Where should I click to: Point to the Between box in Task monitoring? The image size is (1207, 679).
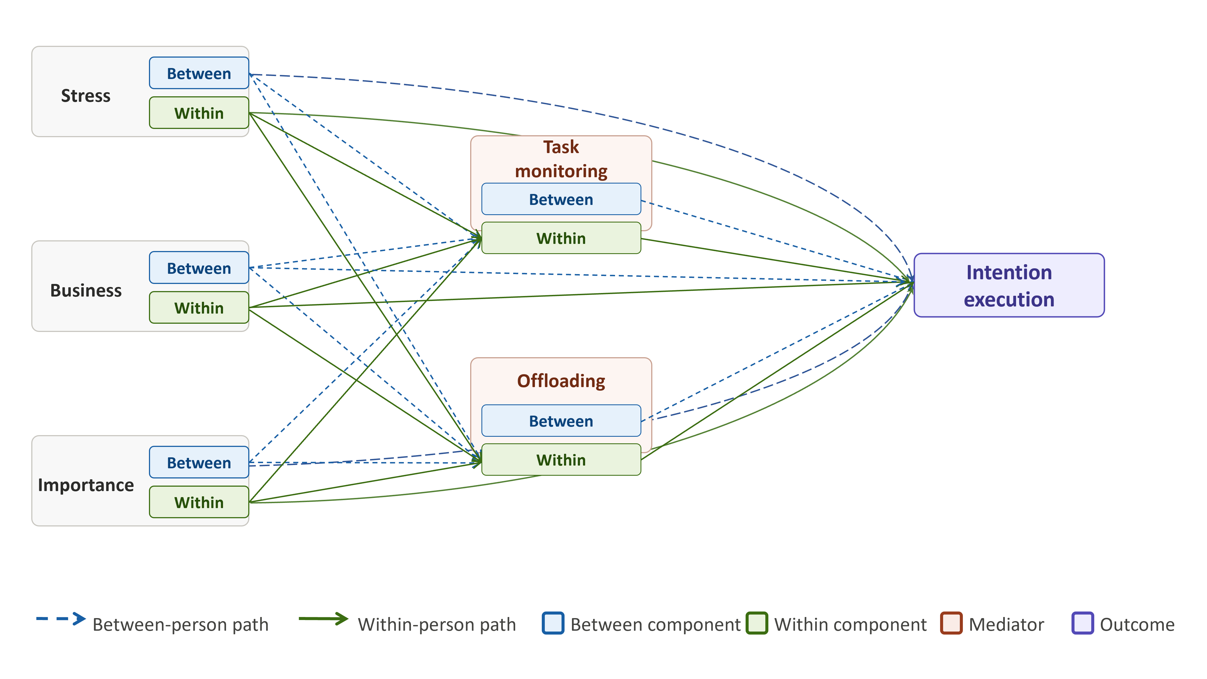click(561, 199)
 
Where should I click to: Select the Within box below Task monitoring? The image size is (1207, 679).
click(561, 238)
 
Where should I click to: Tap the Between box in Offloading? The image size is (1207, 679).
click(561, 421)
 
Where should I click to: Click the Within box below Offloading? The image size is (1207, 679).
click(561, 460)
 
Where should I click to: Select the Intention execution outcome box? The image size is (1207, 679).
click(1009, 285)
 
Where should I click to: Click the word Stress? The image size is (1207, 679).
click(86, 95)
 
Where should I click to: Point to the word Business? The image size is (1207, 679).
click(86, 291)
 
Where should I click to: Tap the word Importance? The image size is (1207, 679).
click(86, 485)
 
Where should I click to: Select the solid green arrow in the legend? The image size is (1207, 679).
click(323, 619)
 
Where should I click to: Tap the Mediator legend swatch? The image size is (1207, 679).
click(951, 623)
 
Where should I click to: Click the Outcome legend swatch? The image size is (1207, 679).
click(1082, 623)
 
